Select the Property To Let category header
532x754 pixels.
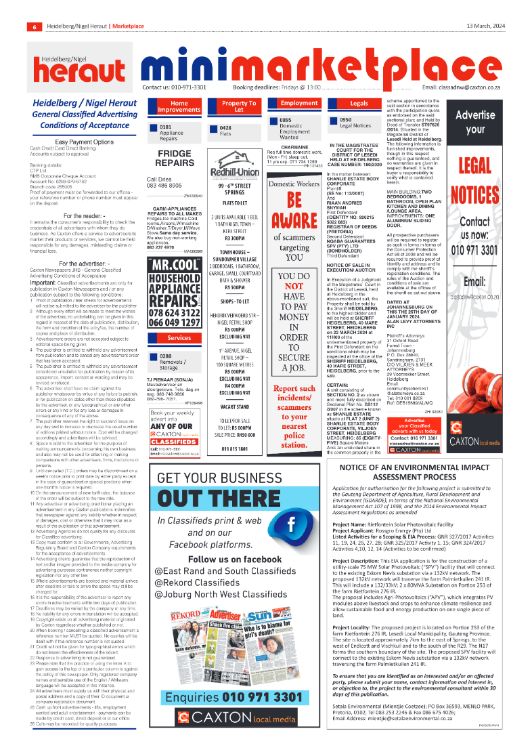click(239, 107)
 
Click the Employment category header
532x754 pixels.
click(300, 103)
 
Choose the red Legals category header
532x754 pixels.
click(359, 103)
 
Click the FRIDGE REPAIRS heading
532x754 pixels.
click(175, 159)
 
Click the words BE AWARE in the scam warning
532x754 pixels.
click(294, 211)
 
